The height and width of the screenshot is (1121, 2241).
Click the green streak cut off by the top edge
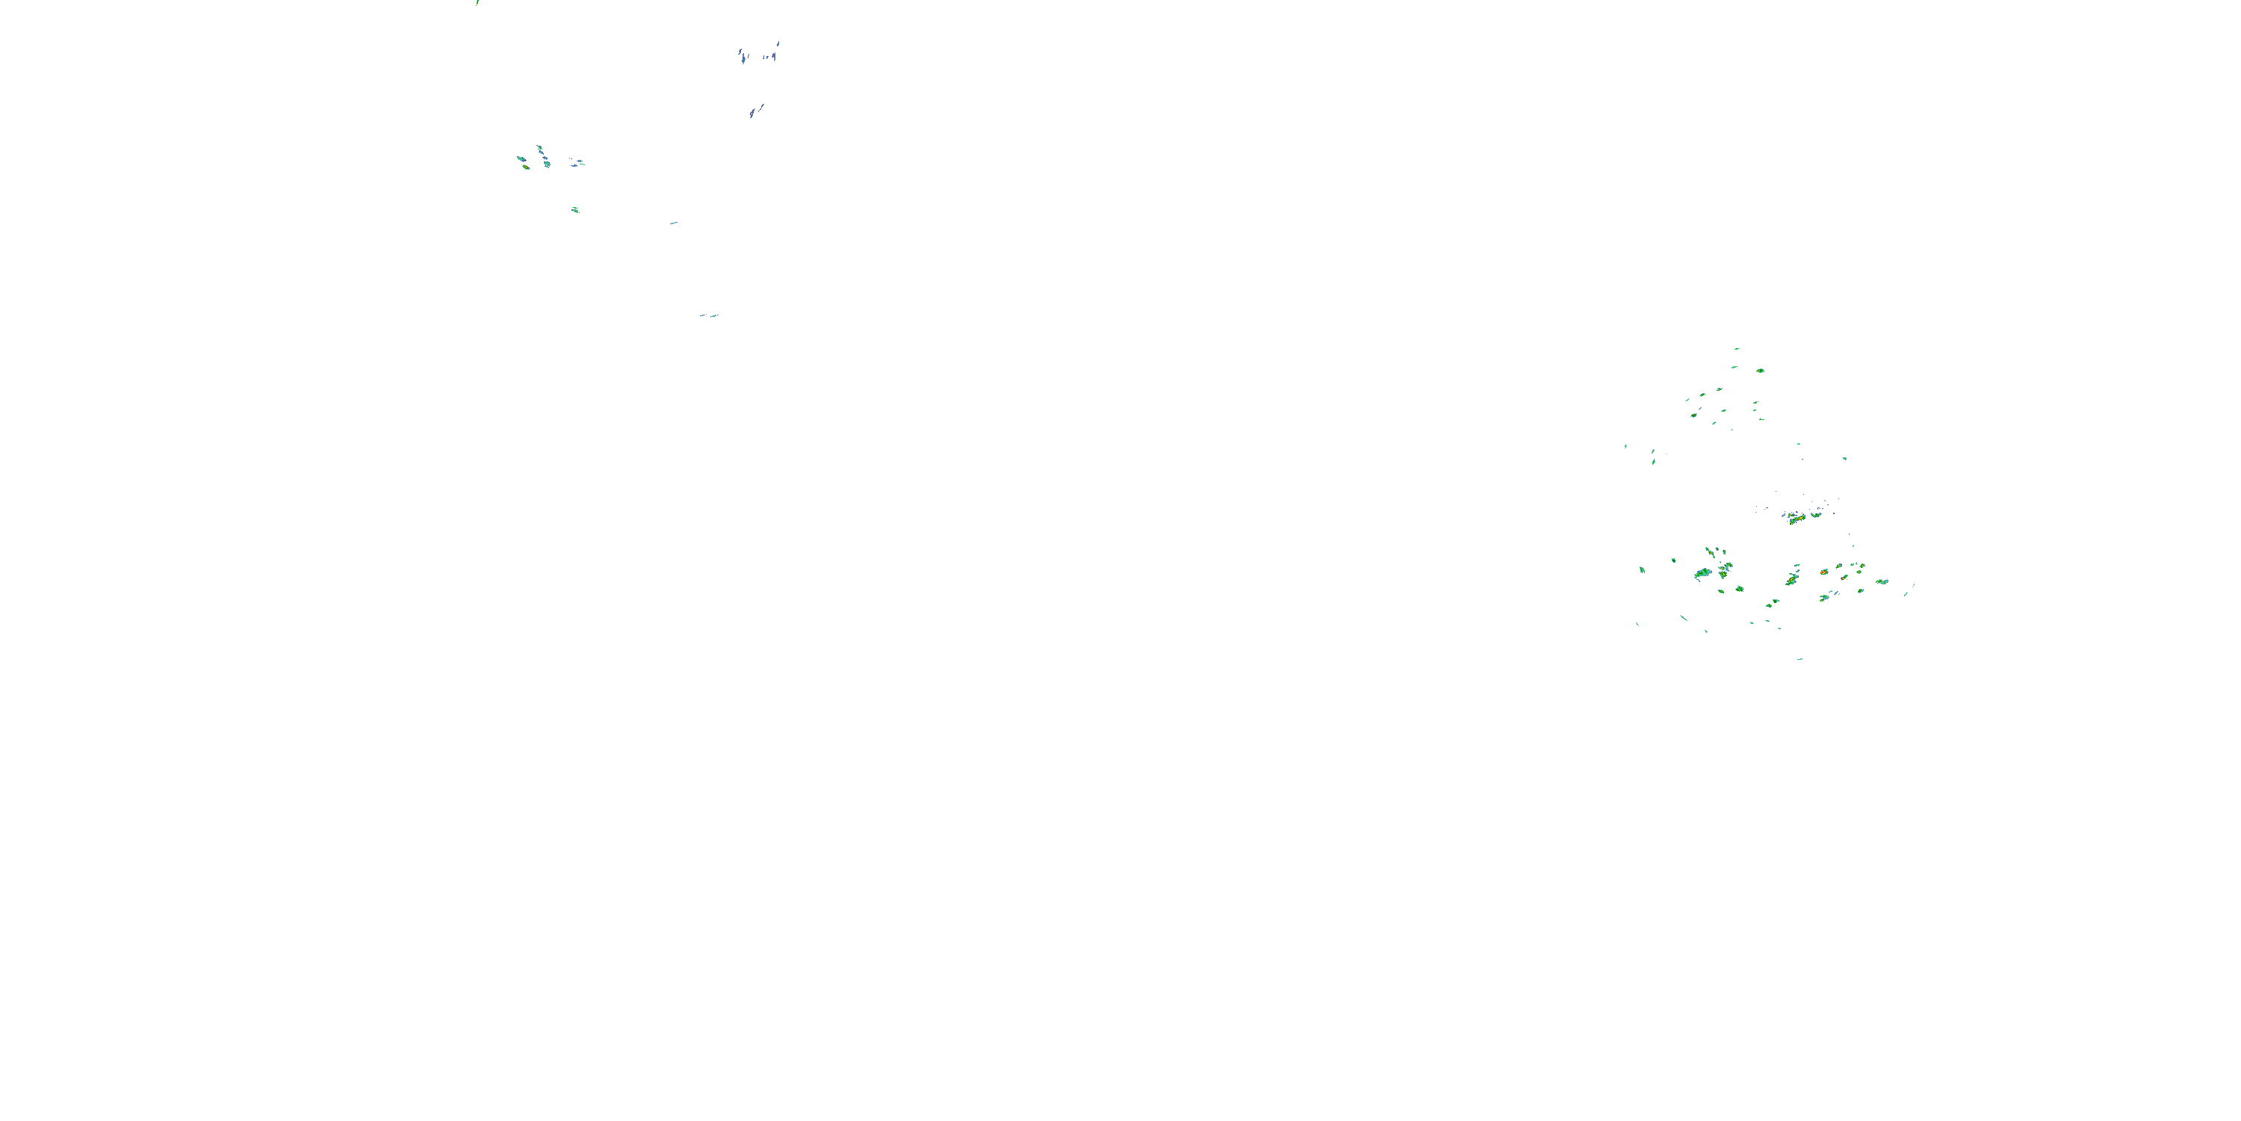tap(477, 2)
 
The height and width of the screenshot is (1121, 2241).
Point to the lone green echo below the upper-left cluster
tap(574, 210)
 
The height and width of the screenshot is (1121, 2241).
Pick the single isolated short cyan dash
tap(673, 223)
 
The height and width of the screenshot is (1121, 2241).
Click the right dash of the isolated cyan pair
tap(714, 316)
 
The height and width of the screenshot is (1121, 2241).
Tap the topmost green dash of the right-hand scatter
tap(1738, 349)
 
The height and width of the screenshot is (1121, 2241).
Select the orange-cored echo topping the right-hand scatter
tap(1760, 371)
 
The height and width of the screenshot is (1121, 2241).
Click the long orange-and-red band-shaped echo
tap(1796, 519)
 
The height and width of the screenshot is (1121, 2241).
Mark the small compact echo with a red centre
tap(1823, 572)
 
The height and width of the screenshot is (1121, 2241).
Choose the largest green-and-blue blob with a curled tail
tap(1702, 573)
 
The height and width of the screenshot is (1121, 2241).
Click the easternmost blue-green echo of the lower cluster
tap(1882, 581)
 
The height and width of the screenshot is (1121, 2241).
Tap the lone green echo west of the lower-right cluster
tap(1642, 570)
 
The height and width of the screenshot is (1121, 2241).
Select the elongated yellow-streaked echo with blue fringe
tap(1792, 578)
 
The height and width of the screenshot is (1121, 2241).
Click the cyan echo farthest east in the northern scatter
tap(1844, 458)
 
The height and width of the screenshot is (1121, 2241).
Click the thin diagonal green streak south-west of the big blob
tap(1684, 618)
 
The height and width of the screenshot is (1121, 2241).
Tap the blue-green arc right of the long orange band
tap(1817, 514)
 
